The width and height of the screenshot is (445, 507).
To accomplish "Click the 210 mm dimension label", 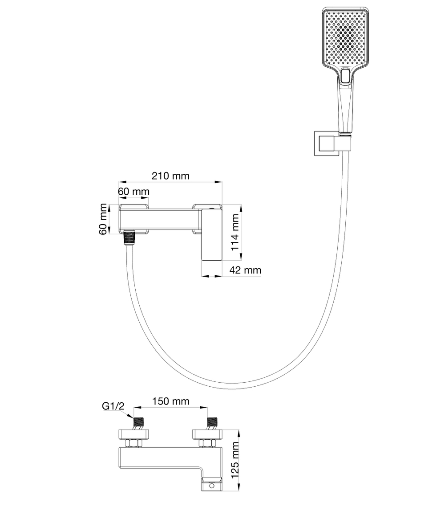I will point(170,176).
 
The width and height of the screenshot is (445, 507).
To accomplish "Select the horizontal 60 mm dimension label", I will point(133,191).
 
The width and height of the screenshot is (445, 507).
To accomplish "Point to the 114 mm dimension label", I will point(235,232).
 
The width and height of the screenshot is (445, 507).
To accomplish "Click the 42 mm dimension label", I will point(245,270).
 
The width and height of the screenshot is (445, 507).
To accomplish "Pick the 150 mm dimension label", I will point(171,401).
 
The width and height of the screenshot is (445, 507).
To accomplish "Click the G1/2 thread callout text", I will point(112,406).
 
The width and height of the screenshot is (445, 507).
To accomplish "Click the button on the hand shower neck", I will point(345,77).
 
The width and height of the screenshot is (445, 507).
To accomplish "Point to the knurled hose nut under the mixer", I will point(129,238).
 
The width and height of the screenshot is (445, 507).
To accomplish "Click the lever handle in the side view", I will point(212,235).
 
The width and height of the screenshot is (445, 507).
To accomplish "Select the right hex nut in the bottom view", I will point(206,443).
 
